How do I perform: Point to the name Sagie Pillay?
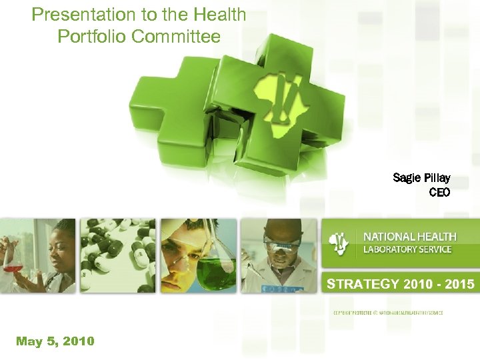(421, 178)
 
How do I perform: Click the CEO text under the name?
(439, 193)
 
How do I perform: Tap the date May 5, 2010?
(55, 341)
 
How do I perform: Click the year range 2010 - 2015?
(439, 285)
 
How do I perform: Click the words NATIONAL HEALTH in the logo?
(409, 237)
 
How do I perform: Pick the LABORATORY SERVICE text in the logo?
(407, 249)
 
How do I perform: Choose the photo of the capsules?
(118, 255)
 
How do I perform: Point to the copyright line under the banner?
(387, 312)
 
